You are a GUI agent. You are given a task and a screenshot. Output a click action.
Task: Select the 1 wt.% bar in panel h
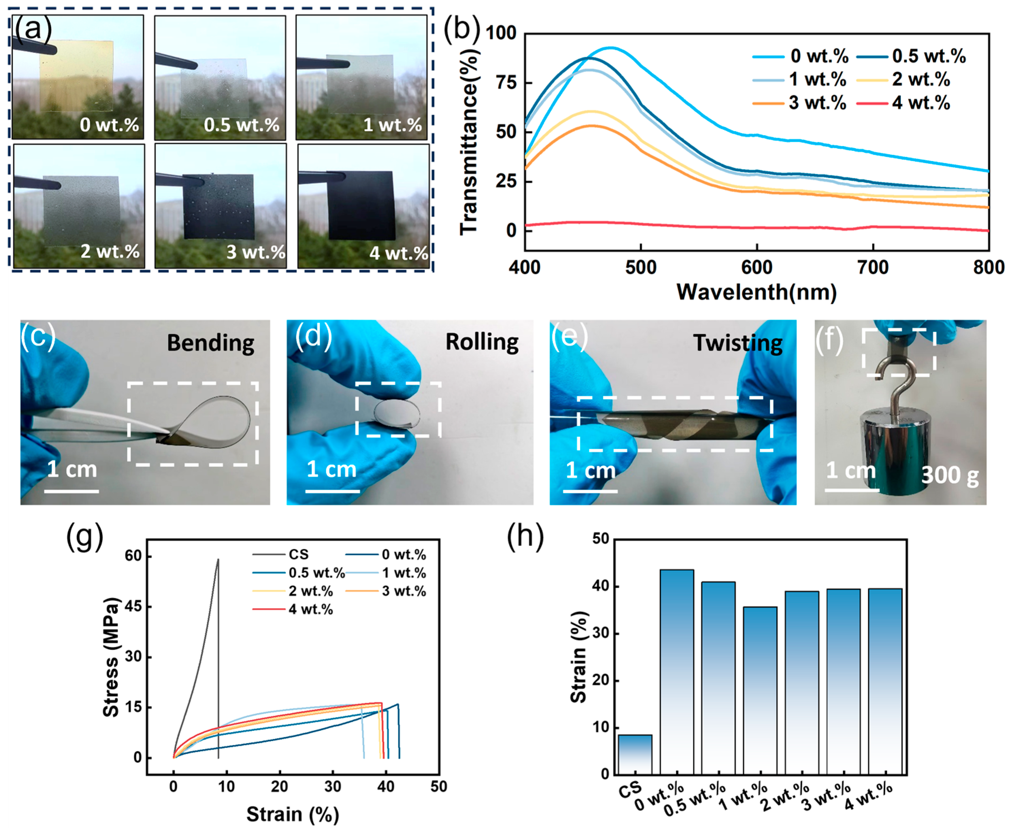(x=760, y=690)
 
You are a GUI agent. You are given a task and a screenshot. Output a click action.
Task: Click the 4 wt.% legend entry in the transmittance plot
(x=903, y=103)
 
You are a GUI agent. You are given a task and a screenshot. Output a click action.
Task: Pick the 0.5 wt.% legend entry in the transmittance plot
(x=911, y=56)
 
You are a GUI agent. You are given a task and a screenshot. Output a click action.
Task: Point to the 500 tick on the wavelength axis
(x=641, y=267)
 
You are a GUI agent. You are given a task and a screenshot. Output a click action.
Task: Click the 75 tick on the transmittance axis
(x=506, y=82)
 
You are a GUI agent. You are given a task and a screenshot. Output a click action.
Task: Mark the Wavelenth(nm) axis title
(x=757, y=292)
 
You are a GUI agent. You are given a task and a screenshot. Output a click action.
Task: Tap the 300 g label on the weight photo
(x=950, y=475)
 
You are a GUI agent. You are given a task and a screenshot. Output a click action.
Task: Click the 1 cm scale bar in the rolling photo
(x=332, y=491)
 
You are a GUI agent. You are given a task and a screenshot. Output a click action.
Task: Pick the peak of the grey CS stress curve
(x=218, y=559)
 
